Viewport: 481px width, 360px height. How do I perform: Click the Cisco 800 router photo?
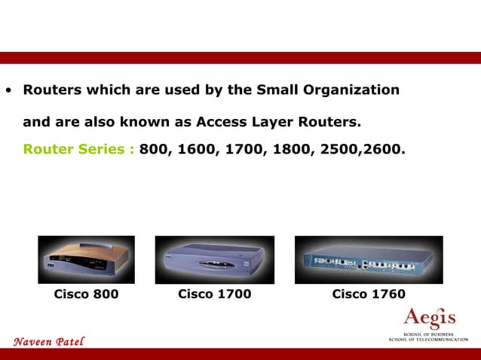coord(86,259)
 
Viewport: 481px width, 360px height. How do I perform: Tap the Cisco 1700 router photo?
coord(214,259)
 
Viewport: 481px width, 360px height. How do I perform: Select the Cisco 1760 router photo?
coord(369,259)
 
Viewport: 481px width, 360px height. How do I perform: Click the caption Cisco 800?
coord(86,294)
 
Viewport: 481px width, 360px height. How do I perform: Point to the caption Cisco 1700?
coord(214,294)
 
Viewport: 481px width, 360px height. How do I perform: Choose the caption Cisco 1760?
coord(369,294)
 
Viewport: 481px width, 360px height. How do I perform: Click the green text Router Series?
coord(78,149)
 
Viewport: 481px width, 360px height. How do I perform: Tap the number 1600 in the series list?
coord(196,149)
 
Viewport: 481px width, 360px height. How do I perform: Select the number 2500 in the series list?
coord(340,149)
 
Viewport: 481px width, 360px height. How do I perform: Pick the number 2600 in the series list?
coord(384,149)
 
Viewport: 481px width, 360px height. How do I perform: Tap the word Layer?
coord(280,121)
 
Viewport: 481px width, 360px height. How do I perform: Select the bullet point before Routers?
coord(8,91)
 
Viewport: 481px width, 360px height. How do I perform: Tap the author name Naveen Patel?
coord(49,342)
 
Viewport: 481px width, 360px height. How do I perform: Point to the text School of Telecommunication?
coord(427,340)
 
